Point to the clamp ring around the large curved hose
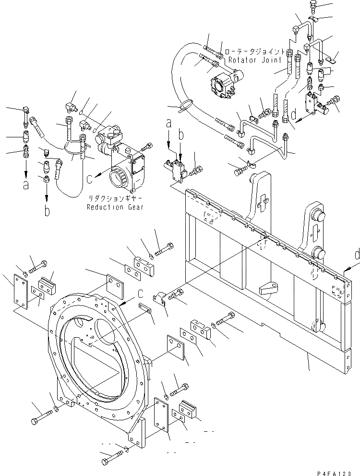tap(187, 104)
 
